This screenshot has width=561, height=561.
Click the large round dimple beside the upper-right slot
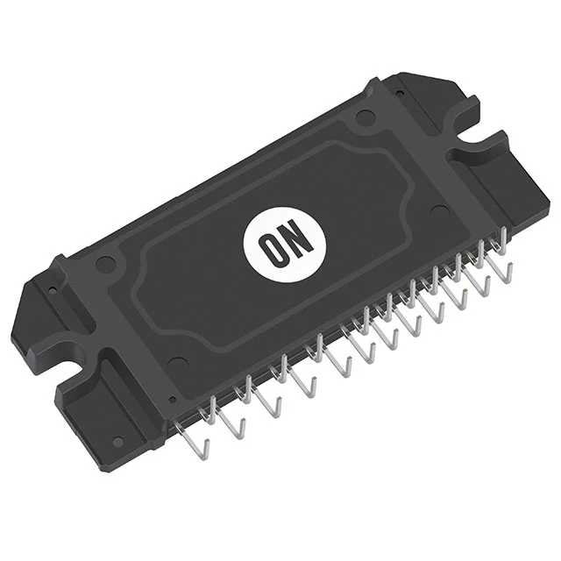pos(361,118)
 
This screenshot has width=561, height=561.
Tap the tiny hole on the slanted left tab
pos(52,287)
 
